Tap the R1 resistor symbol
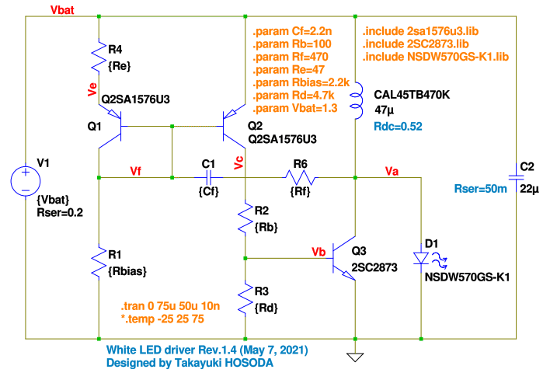(100, 262)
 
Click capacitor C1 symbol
(207, 178)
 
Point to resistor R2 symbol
(245, 219)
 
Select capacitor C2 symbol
(516, 177)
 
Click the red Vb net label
(318, 251)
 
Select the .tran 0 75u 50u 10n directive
(165, 306)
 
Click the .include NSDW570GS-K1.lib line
(436, 57)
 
